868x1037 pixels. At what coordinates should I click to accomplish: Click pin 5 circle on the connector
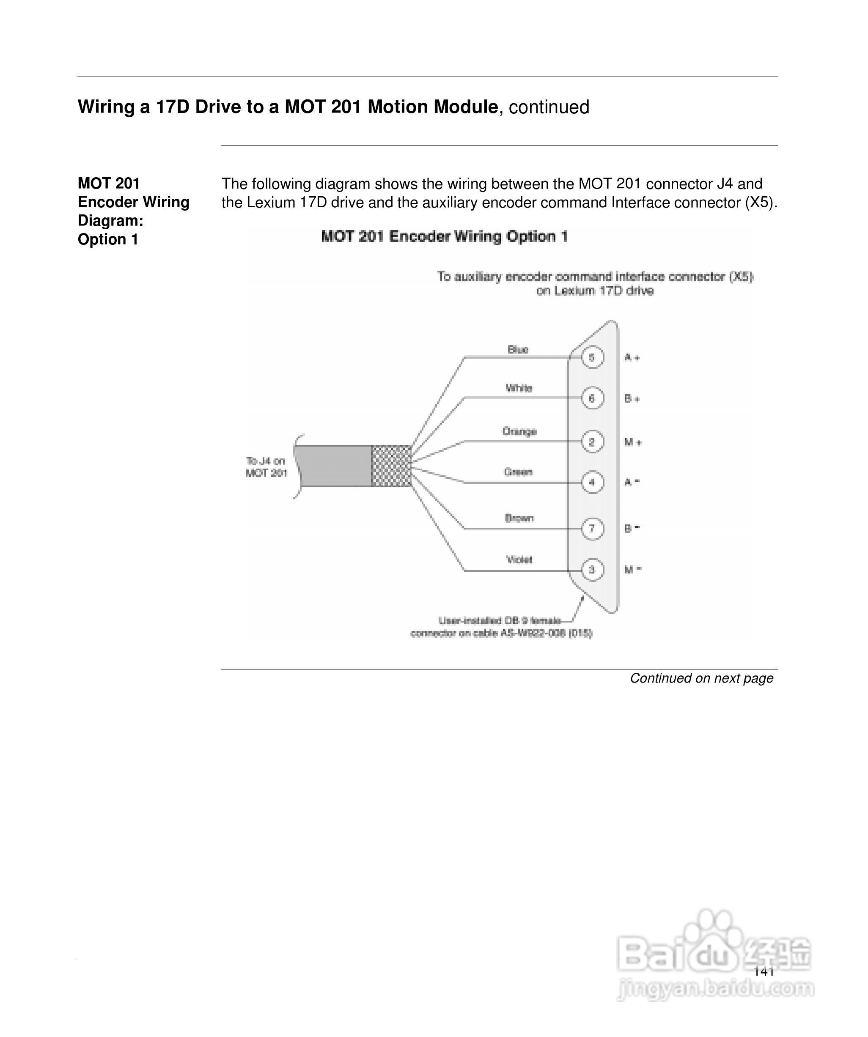pyautogui.click(x=592, y=357)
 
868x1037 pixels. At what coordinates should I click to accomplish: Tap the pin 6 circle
pyautogui.click(x=592, y=398)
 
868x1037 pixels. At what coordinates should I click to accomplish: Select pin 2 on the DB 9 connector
pyautogui.click(x=592, y=442)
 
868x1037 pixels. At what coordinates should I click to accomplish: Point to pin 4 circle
pyautogui.click(x=592, y=482)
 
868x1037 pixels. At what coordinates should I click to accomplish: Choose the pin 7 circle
pyautogui.click(x=592, y=528)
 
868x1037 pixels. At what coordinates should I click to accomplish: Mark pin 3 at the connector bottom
pyautogui.click(x=592, y=569)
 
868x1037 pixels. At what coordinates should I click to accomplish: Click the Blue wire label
pyautogui.click(x=518, y=350)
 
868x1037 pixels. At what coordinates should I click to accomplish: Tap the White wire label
pyautogui.click(x=519, y=388)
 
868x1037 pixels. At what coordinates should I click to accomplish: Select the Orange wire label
pyautogui.click(x=519, y=431)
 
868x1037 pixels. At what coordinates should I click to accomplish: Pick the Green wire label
pyautogui.click(x=518, y=472)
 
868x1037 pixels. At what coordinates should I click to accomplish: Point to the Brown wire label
pyautogui.click(x=519, y=518)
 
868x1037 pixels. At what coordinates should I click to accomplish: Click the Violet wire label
pyautogui.click(x=519, y=560)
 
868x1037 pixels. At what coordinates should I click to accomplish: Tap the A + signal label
pyautogui.click(x=632, y=357)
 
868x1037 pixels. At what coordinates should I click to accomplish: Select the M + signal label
pyautogui.click(x=633, y=442)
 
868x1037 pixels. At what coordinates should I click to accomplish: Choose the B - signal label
pyautogui.click(x=632, y=528)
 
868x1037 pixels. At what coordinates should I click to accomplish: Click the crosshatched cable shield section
pyautogui.click(x=391, y=466)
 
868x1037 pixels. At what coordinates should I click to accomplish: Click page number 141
pyautogui.click(x=764, y=971)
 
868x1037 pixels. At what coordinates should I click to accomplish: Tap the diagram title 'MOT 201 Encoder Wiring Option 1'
pyautogui.click(x=444, y=236)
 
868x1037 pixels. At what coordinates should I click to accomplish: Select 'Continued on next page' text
pyautogui.click(x=701, y=678)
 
